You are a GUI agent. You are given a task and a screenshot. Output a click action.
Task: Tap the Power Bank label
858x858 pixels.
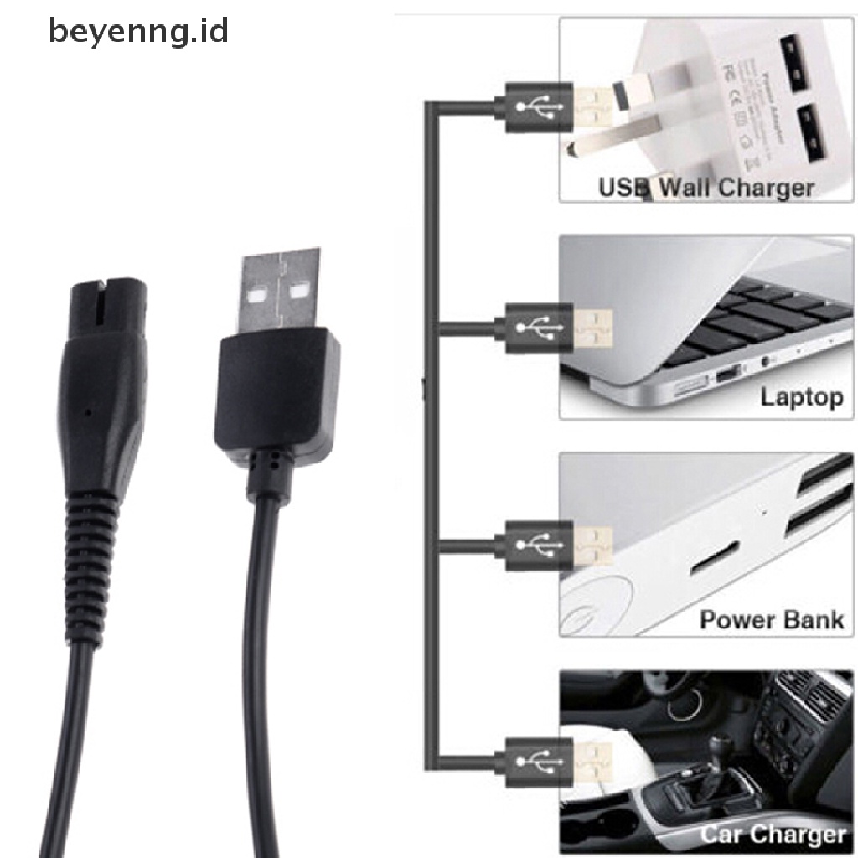[771, 621]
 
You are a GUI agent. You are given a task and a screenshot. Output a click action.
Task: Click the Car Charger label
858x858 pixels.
[773, 835]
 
